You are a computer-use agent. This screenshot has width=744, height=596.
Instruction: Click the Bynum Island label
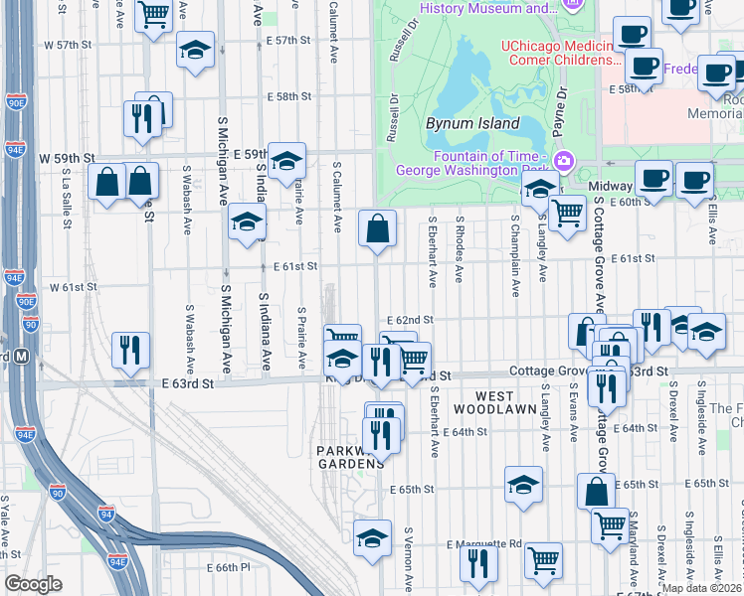click(x=472, y=124)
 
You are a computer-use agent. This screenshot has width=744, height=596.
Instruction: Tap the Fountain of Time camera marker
click(x=564, y=159)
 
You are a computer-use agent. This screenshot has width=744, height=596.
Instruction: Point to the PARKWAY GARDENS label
click(x=350, y=457)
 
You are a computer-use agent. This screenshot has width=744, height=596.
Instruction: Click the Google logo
click(x=33, y=584)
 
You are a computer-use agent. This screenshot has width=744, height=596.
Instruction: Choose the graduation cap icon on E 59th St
click(x=286, y=162)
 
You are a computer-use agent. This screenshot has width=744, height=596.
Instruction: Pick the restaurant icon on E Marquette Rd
click(x=478, y=563)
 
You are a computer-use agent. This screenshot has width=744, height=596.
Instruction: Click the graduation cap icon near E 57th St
click(x=196, y=50)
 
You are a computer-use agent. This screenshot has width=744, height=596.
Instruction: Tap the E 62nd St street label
click(x=411, y=320)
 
